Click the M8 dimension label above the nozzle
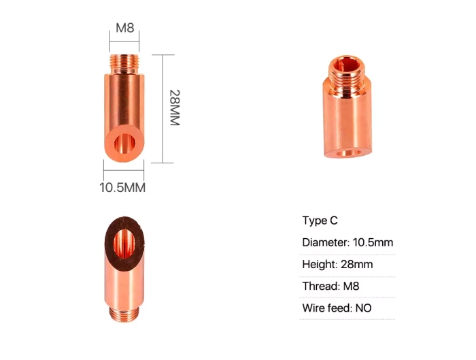coord(124,28)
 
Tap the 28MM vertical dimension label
coord(175,108)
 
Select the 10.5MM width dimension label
coord(122,187)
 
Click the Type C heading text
coord(320,220)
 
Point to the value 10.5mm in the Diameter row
coord(373,242)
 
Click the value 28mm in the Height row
coord(357,264)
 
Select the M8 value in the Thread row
coord(352,287)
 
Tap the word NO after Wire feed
coord(363,308)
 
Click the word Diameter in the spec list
coord(326,242)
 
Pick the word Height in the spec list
coord(320,264)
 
